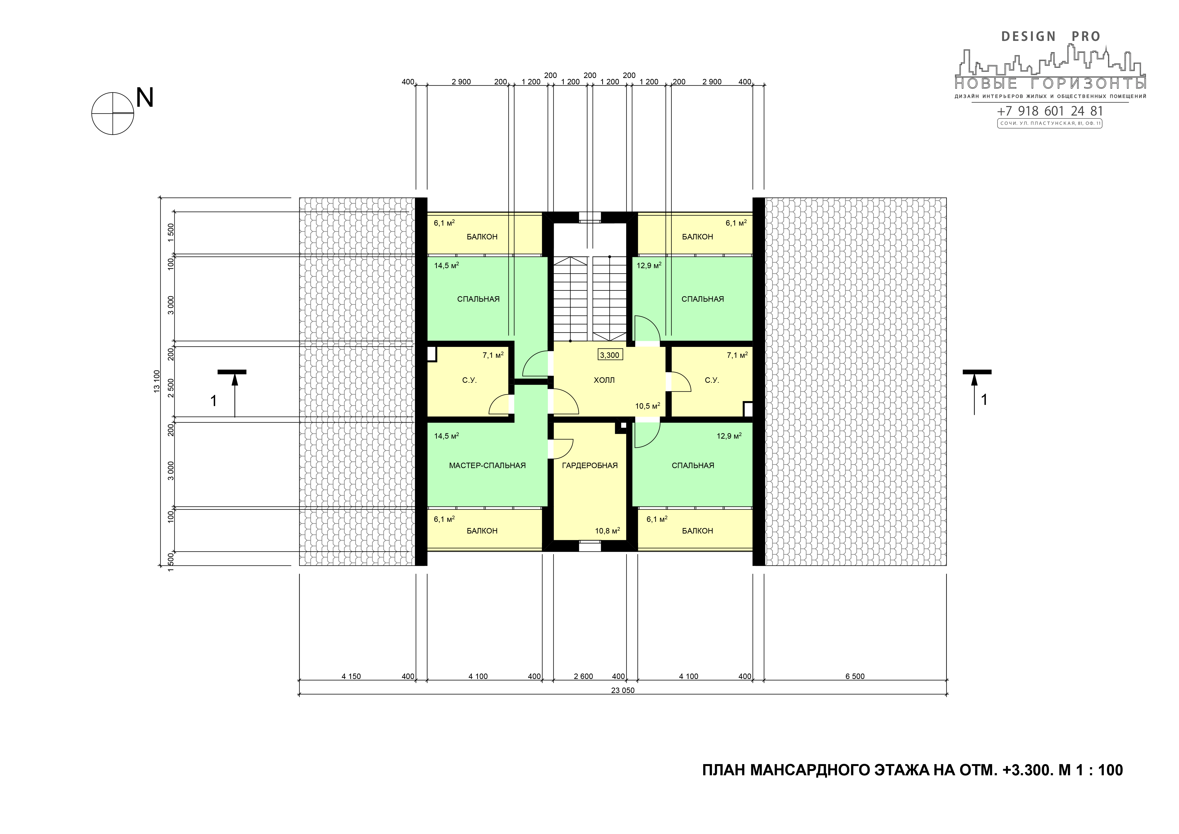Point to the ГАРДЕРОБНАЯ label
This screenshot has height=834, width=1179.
coord(589,465)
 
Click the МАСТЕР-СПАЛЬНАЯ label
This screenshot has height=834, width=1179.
coord(487,465)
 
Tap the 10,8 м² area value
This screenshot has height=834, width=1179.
coord(607,530)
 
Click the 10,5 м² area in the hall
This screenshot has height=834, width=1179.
coord(648,406)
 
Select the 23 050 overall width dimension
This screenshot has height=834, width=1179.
coord(622,690)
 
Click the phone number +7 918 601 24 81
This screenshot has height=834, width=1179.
coord(1049,111)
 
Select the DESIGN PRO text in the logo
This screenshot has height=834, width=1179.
coord(1051,36)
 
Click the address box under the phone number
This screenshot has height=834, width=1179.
coord(1049,123)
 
